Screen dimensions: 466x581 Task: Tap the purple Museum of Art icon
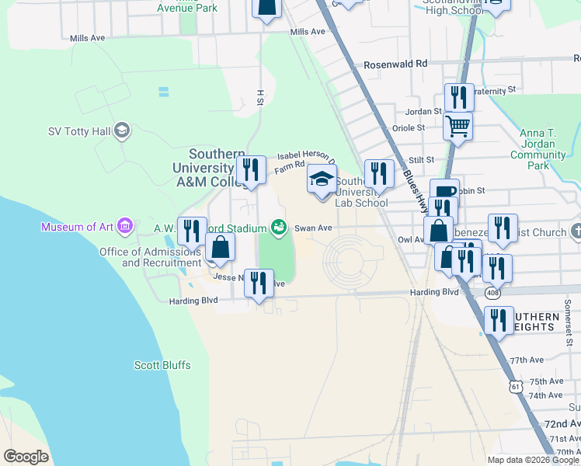pyautogui.click(x=124, y=226)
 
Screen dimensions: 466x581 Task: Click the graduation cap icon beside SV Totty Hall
pyautogui.click(x=121, y=130)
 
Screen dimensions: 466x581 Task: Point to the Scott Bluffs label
pyautogui.click(x=162, y=365)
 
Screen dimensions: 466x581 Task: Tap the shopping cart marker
pyautogui.click(x=458, y=124)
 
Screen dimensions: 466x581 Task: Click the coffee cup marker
pyautogui.click(x=444, y=191)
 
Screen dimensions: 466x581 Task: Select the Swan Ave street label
pyautogui.click(x=313, y=228)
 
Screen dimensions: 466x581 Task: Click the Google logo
pyautogui.click(x=26, y=457)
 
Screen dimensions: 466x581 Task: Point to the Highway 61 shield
pyautogui.click(x=517, y=385)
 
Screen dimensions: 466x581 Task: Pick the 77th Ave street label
pyautogui.click(x=527, y=361)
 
